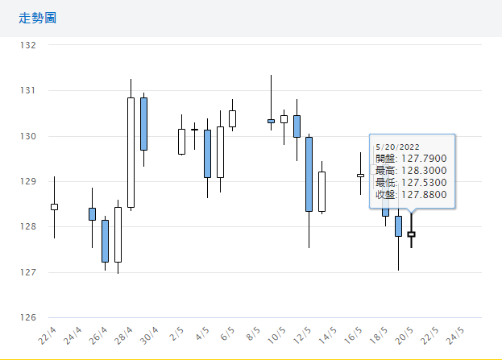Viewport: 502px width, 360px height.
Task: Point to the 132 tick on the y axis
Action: coord(29,45)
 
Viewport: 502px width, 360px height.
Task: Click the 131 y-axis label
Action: coord(29,90)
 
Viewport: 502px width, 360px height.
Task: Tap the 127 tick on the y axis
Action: coord(29,272)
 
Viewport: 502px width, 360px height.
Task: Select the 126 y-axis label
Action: coord(29,317)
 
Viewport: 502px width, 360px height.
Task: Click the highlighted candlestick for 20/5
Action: coord(411,234)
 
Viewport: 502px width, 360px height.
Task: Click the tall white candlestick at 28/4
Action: coord(131,153)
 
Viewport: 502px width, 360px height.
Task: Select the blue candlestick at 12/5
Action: coord(309,174)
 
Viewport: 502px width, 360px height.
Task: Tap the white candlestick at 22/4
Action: coord(54,207)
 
